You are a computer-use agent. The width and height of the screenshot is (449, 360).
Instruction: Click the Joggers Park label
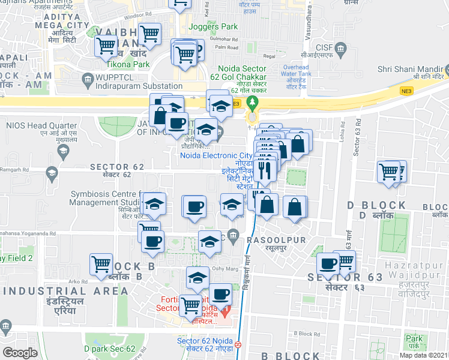(213, 26)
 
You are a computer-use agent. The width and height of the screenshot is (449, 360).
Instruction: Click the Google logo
(20, 353)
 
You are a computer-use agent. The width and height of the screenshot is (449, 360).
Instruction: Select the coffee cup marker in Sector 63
(328, 263)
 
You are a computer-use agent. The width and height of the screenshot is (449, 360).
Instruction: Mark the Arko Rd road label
(77, 281)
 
